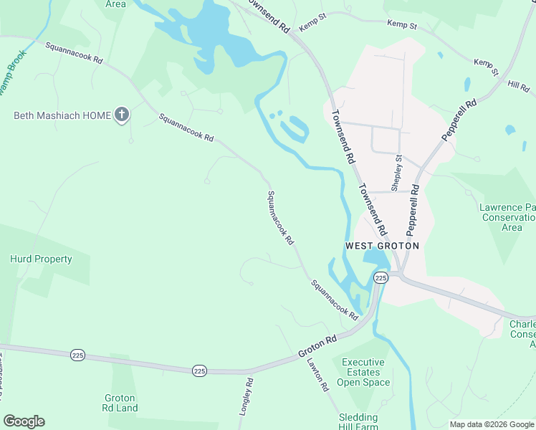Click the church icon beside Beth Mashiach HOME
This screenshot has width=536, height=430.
click(x=122, y=115)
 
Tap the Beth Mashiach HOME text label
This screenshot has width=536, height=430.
click(x=63, y=115)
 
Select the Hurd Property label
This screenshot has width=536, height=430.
click(x=41, y=259)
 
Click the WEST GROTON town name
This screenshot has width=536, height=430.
click(x=382, y=245)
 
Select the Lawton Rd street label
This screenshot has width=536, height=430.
click(x=320, y=376)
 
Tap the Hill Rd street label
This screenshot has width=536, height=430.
click(x=518, y=85)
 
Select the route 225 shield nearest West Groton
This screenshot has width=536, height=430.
click(x=381, y=277)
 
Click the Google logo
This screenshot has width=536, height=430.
click(x=24, y=421)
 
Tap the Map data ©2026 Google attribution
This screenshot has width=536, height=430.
click(x=492, y=424)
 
